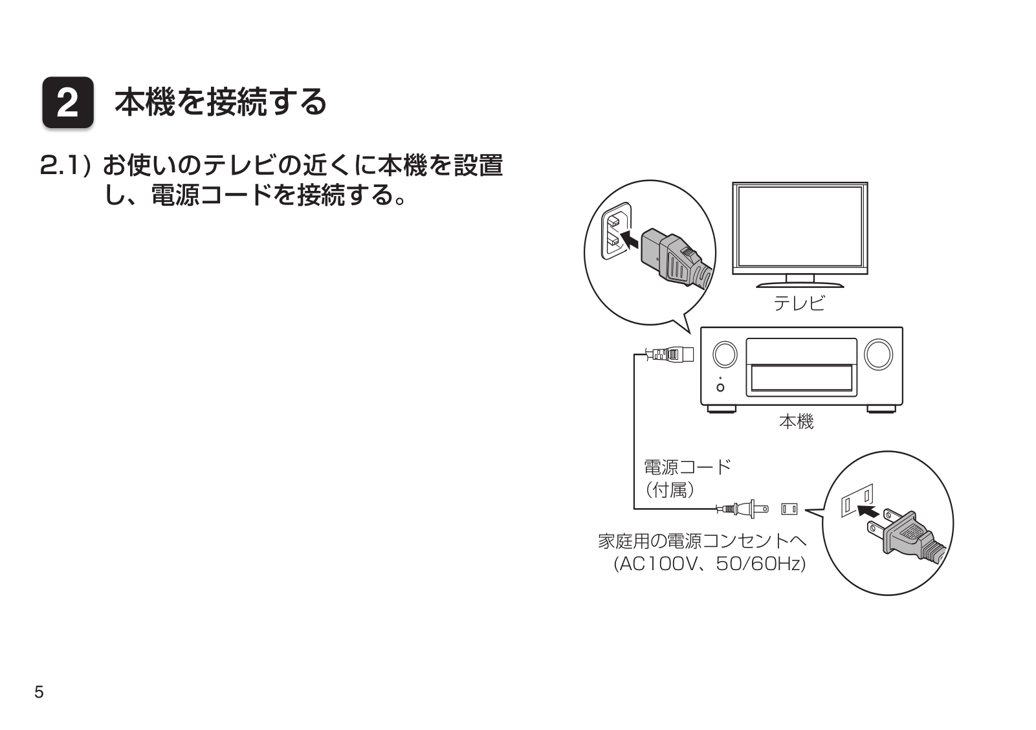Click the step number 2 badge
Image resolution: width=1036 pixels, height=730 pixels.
[68, 104]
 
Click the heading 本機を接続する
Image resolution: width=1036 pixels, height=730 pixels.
[220, 102]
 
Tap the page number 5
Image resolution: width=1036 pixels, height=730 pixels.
[39, 692]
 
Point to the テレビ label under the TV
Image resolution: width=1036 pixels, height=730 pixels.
[800, 303]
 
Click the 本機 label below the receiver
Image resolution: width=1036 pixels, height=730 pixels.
[796, 422]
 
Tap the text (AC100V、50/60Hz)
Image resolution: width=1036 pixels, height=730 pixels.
[709, 564]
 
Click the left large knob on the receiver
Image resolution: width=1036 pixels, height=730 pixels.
[725, 354]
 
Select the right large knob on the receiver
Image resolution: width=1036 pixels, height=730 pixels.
[877, 354]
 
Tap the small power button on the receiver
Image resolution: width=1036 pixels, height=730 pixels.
[721, 387]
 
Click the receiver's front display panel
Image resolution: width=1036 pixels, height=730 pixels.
[801, 377]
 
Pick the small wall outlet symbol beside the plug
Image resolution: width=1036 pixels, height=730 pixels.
[789, 509]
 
